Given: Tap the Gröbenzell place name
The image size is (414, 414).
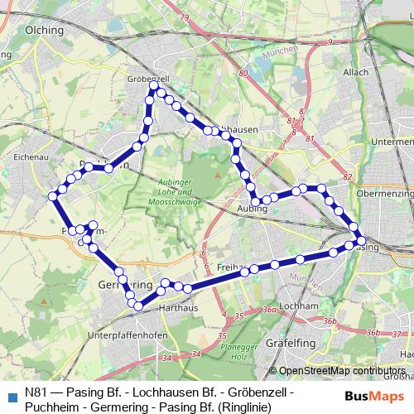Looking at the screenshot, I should (147, 78).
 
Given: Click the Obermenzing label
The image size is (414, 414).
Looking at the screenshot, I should (384, 193).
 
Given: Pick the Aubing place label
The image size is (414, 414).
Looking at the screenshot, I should (252, 209).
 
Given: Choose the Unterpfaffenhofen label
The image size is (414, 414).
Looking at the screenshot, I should (128, 335).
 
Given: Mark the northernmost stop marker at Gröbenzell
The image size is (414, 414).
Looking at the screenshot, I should (154, 85).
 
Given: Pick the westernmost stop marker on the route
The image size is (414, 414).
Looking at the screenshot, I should (53, 196).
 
